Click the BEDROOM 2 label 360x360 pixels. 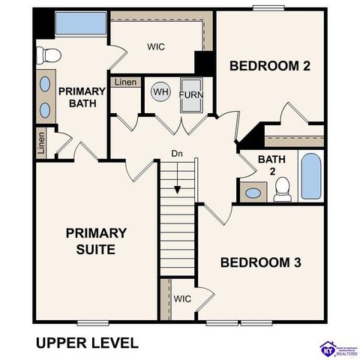(x=269, y=66)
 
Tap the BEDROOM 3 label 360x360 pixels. (x=260, y=262)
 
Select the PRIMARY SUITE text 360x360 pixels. (x=95, y=241)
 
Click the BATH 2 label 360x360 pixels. (x=272, y=165)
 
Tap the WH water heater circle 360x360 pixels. (x=160, y=92)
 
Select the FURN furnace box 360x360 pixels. (x=191, y=95)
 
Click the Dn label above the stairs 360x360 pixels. (x=177, y=154)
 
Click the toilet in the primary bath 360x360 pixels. (x=49, y=54)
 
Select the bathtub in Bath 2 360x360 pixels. (x=310, y=176)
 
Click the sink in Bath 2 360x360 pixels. (x=253, y=193)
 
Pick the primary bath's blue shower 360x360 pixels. (x=81, y=23)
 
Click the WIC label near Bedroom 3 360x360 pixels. (x=183, y=298)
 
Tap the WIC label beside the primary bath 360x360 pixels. (x=155, y=46)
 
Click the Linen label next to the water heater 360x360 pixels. (x=125, y=82)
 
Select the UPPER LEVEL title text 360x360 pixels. (x=87, y=343)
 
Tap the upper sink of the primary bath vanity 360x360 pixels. (x=44, y=84)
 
